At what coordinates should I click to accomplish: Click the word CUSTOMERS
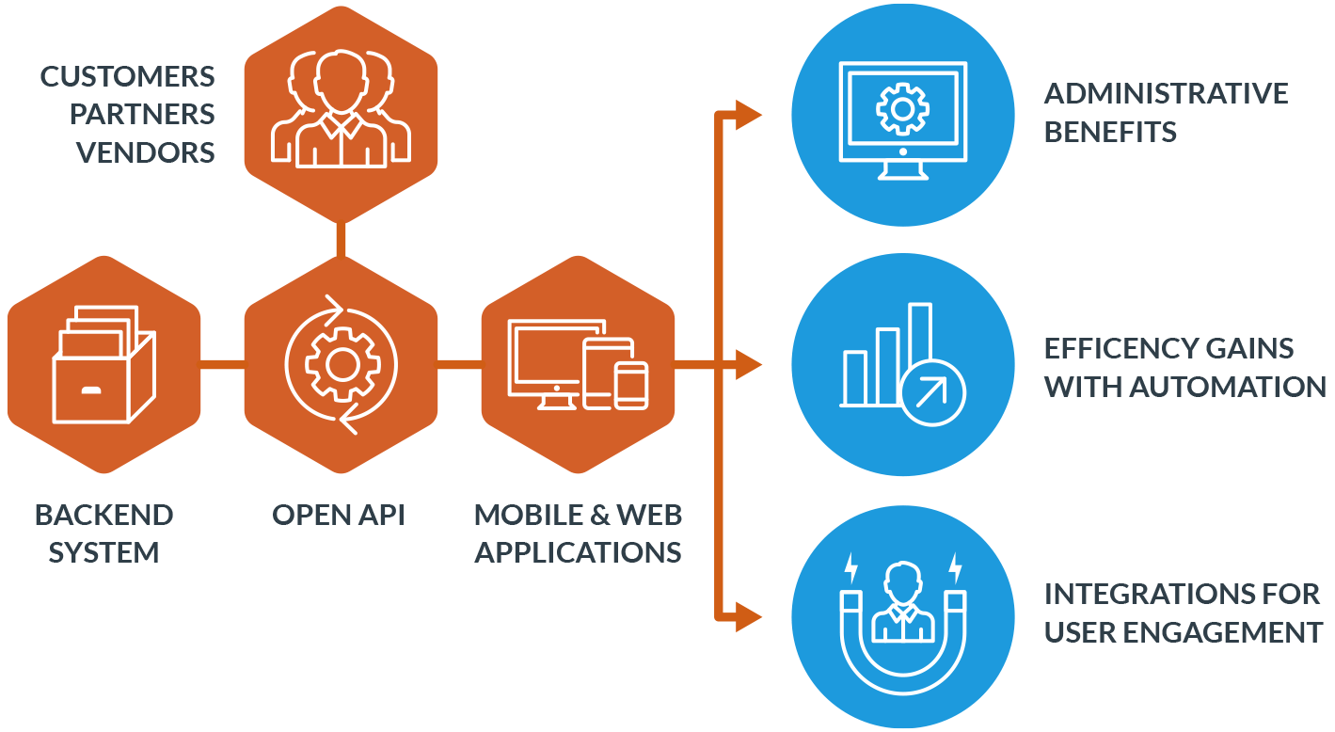pos(127,77)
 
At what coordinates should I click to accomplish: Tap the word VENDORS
pos(145,152)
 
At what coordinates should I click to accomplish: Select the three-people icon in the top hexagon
pos(341,108)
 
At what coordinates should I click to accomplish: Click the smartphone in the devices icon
pos(631,386)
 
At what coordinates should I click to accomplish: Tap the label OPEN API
pos(339,515)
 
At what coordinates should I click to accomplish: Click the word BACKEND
pos(103,515)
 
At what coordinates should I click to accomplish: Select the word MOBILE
pos(531,515)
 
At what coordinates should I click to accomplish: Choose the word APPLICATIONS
pos(578,552)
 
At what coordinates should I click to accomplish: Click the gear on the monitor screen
pos(902,109)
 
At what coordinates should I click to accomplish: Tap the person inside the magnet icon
pos(902,602)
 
